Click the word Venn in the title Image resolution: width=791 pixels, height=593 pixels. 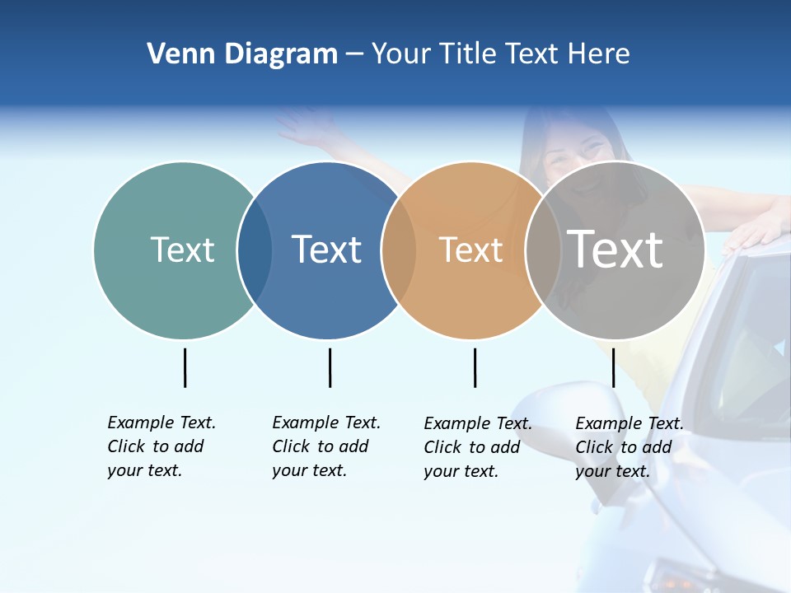175,54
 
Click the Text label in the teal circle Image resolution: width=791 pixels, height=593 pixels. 182,250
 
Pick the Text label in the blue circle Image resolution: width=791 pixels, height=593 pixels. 327,250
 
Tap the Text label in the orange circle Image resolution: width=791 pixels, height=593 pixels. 470,250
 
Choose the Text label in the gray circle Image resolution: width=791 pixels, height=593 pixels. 615,249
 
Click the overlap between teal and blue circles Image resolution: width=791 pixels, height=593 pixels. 255,250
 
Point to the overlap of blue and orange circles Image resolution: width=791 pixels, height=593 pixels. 399,250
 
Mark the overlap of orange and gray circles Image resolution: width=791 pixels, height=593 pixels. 543,250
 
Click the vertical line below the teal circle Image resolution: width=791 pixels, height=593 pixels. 185,367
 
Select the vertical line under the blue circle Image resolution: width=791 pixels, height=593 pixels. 330,367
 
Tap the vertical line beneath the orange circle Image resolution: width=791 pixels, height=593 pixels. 475,367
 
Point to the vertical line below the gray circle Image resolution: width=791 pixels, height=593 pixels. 613,367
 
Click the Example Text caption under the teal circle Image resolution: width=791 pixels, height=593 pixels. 161,446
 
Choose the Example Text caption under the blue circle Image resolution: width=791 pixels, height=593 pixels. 325,446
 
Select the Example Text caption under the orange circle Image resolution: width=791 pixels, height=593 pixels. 477,447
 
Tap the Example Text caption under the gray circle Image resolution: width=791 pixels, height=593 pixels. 629,447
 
